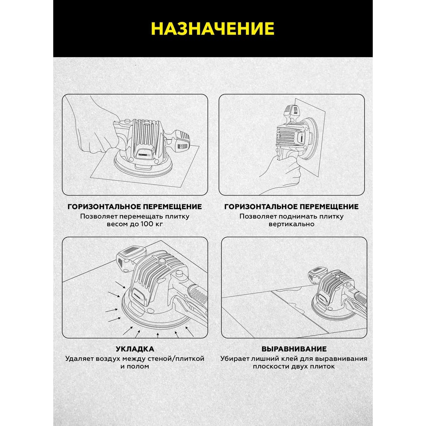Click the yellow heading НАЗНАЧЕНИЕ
point(213,29)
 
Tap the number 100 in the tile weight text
point(146,224)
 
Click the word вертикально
point(291,224)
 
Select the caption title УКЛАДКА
point(135,349)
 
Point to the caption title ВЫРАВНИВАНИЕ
point(294,349)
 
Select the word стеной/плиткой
point(176,359)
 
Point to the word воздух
point(109,359)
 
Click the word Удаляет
point(79,359)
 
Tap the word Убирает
point(234,359)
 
